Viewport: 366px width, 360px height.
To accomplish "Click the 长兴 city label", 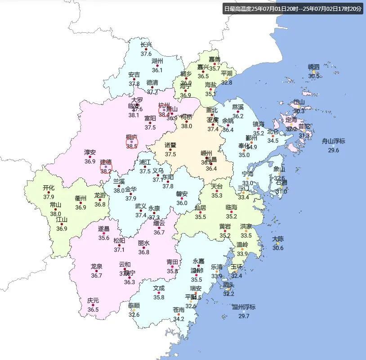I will coord(146,45).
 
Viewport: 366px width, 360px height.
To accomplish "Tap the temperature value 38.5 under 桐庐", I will coord(131,146).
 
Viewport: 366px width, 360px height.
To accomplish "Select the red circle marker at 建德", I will coord(106,167).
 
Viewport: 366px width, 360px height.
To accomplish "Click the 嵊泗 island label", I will coord(313,67).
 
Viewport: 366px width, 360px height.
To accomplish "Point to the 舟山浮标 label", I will coord(333,141).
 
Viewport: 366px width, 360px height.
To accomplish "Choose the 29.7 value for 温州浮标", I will coord(244,316).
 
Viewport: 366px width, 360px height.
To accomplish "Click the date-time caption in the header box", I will coord(292,9).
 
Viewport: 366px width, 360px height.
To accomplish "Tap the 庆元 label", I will coord(93,301).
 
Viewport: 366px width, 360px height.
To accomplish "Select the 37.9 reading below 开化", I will coord(49,197).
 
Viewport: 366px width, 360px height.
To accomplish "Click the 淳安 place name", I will coord(90,152).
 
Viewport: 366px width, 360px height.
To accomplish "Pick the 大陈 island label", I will coord(278,239).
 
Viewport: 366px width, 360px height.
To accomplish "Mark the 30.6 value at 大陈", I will coord(278,248).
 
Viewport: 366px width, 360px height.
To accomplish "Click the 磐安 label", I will coord(182,194).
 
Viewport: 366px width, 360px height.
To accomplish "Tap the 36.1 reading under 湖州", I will coord(157,70).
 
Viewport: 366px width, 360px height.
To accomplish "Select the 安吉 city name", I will coord(134,75).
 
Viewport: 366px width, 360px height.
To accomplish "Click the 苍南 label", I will coord(179,310).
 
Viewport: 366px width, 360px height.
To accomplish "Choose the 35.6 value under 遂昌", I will coord(104,238).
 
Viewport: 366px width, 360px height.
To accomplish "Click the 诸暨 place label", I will coord(170,145).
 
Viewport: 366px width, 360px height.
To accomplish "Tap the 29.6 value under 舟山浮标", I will coord(333,150).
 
